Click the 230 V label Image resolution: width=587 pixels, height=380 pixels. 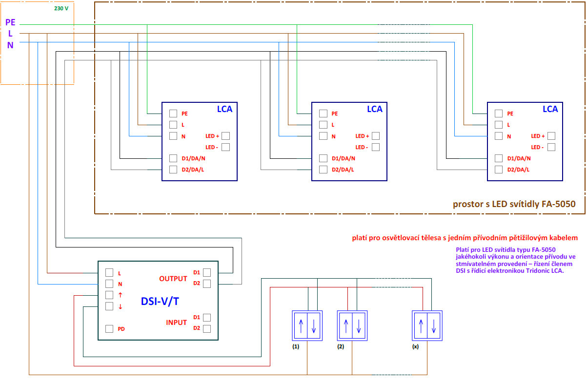[61, 8]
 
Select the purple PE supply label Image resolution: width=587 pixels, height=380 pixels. [11, 22]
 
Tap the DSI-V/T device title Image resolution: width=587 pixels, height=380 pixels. [160, 301]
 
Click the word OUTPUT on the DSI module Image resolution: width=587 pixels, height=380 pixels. [173, 279]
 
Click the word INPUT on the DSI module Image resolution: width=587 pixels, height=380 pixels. [177, 323]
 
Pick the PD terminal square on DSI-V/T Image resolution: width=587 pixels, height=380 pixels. [109, 329]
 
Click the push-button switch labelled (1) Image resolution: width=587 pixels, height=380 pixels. [307, 325]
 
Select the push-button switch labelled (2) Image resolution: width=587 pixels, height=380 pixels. [352, 325]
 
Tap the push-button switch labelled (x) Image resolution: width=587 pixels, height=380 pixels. [427, 325]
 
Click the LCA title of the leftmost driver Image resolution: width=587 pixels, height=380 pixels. [224, 109]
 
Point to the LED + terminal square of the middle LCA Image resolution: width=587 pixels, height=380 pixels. [375, 136]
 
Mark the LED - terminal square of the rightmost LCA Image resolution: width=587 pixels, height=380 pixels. [551, 147]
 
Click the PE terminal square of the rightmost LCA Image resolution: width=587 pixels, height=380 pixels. [498, 113]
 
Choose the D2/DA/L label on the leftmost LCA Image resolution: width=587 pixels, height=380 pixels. [193, 170]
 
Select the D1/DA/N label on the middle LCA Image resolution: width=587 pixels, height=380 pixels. [344, 158]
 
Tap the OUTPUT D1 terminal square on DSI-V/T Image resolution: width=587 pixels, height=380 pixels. [207, 272]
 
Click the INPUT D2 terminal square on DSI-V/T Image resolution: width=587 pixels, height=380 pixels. [207, 328]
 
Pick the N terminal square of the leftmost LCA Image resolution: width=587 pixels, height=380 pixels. [173, 136]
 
